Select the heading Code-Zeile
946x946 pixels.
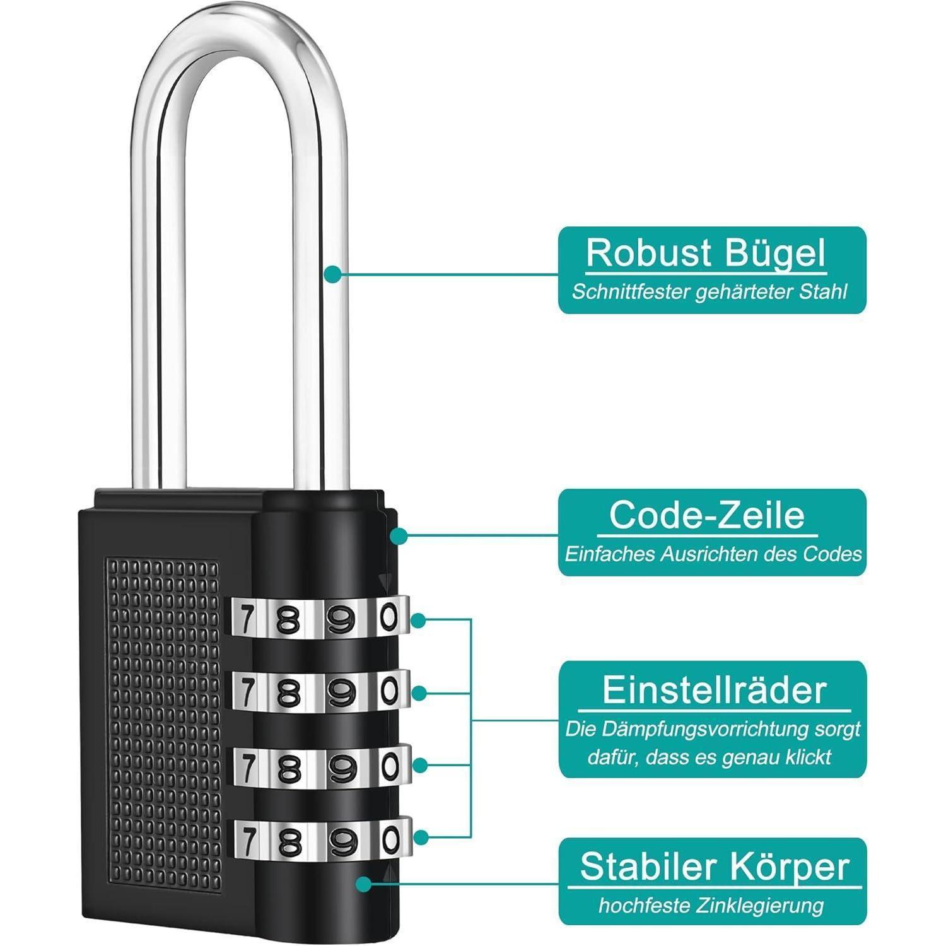click(707, 515)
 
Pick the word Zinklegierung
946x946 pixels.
click(760, 906)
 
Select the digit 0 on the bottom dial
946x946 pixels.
click(390, 839)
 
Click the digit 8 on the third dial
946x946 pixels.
click(288, 768)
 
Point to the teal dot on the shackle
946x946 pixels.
click(333, 274)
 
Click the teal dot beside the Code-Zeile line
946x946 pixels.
click(399, 536)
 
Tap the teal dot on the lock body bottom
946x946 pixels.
click(364, 884)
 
